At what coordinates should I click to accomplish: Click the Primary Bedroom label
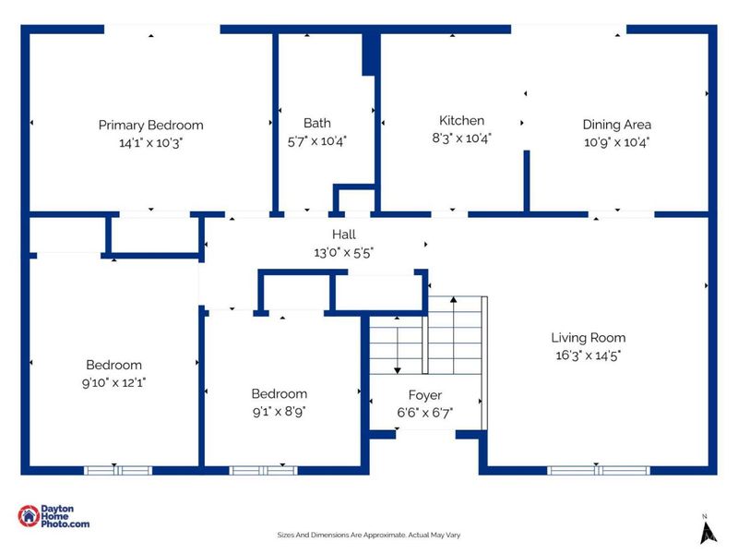pyautogui.click(x=150, y=126)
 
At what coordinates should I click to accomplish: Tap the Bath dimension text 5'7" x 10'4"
pyautogui.click(x=316, y=141)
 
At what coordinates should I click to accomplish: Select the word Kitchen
pyautogui.click(x=461, y=121)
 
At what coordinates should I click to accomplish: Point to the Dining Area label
pyautogui.click(x=616, y=125)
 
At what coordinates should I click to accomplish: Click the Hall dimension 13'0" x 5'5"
pyautogui.click(x=343, y=253)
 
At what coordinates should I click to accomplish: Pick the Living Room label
pyautogui.click(x=589, y=338)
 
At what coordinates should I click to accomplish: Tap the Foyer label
pyautogui.click(x=425, y=395)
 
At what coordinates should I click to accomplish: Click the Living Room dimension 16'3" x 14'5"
pyautogui.click(x=589, y=355)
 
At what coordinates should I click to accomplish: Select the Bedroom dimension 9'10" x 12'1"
pyautogui.click(x=113, y=382)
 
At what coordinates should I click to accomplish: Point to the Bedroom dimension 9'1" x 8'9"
pyautogui.click(x=280, y=412)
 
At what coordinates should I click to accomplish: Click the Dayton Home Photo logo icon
pyautogui.click(x=29, y=516)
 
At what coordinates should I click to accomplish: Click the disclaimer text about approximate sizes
pyautogui.click(x=368, y=536)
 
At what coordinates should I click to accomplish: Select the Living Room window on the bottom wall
pyautogui.click(x=598, y=471)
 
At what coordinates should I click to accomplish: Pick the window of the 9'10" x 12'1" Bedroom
pyautogui.click(x=118, y=471)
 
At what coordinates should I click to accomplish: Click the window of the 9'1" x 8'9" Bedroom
pyautogui.click(x=264, y=471)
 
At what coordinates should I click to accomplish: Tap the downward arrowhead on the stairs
pyautogui.click(x=398, y=371)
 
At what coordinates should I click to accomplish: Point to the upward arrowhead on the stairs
pyautogui.click(x=453, y=299)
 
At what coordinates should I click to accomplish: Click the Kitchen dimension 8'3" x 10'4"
pyautogui.click(x=461, y=138)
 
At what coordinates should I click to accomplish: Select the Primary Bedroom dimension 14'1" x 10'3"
pyautogui.click(x=150, y=143)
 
